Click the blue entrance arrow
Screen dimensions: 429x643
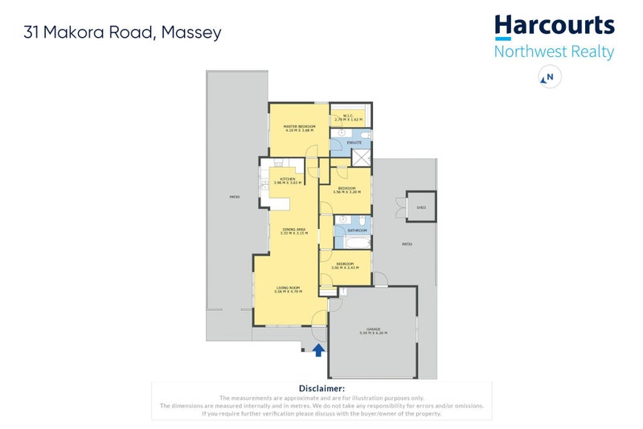[318, 349]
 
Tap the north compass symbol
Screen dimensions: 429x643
[550, 77]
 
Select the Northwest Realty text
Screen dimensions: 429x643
[554, 52]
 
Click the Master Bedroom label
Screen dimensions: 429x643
[299, 127]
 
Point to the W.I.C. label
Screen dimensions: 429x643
[349, 116]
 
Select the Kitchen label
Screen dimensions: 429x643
[287, 179]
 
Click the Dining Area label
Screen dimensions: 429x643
[294, 229]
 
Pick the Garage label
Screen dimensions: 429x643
[373, 329]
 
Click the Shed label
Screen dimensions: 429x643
[420, 207]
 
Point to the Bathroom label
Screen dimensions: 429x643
[357, 230]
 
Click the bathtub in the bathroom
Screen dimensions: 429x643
[356, 239]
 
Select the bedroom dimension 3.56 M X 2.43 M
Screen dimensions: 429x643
[345, 268]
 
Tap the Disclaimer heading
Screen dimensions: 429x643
[321, 388]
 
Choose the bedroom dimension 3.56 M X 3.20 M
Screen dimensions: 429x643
[346, 192]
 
